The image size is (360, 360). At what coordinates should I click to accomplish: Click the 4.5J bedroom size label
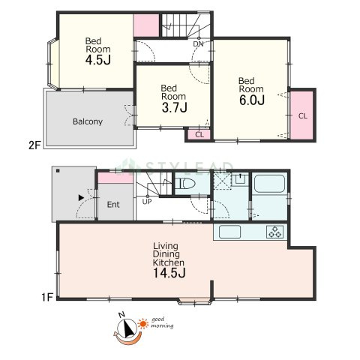coord(97,60)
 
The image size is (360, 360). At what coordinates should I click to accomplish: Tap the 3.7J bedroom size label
coord(174,108)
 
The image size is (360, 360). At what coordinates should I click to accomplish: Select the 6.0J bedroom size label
coord(252,100)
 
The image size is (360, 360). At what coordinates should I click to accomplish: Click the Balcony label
coord(88,121)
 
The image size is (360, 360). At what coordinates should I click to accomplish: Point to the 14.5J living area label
coord(169,272)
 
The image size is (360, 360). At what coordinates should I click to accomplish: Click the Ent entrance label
coord(113,205)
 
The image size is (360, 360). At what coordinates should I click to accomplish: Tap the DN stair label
coord(198,44)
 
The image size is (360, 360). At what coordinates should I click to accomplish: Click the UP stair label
coord(147,202)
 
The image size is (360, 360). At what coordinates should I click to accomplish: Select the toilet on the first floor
coord(185,184)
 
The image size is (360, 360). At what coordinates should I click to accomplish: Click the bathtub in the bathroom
coord(269,184)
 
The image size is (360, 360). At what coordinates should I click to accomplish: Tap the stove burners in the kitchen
coord(274,232)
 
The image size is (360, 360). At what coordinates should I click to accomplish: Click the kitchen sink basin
coord(229,232)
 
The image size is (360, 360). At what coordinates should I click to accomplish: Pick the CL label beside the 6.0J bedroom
coord(303,116)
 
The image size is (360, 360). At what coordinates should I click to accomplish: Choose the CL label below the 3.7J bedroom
coord(199,135)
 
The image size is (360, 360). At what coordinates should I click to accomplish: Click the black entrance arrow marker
coord(81,198)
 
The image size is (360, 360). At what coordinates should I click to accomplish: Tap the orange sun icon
coord(143,324)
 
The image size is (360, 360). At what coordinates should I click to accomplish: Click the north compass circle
coord(127,328)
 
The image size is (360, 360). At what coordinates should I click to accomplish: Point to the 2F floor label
coord(34,145)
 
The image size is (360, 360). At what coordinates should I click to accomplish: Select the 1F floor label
coord(47,297)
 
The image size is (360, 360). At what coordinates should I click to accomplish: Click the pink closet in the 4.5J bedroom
coord(146,25)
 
